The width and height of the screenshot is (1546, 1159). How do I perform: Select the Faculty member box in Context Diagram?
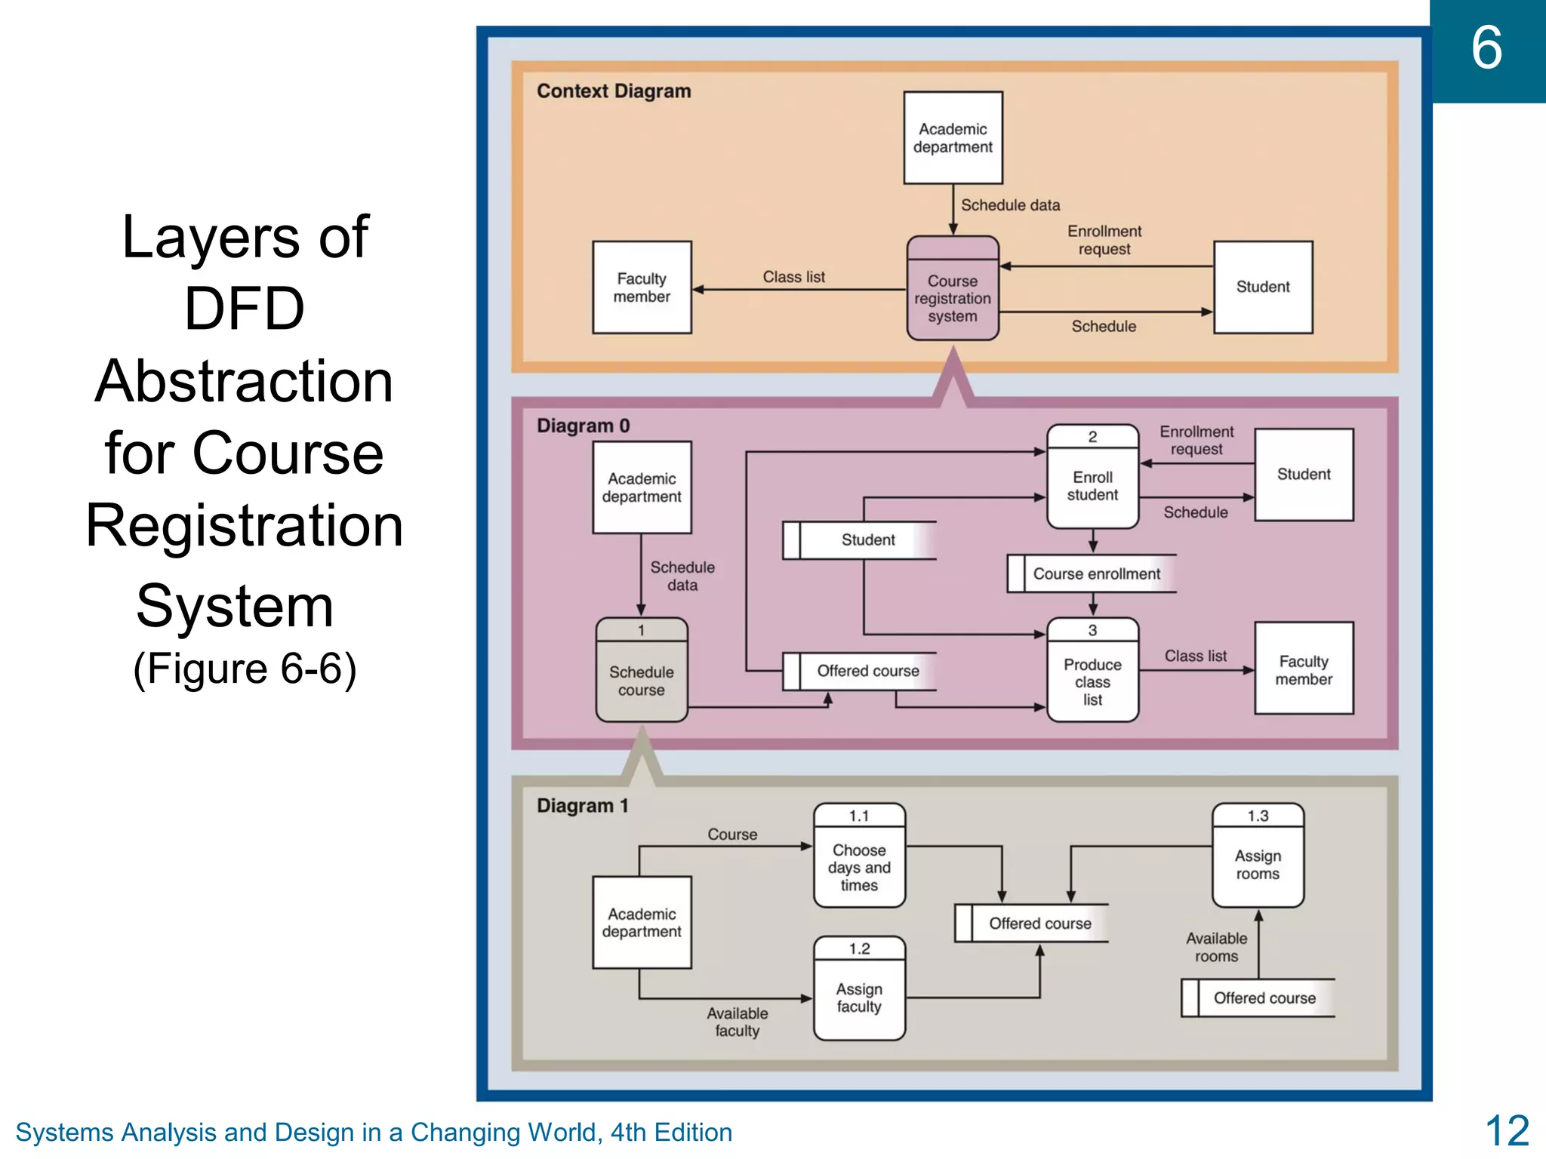pos(642,287)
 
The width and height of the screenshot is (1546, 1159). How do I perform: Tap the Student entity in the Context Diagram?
pos(1263,287)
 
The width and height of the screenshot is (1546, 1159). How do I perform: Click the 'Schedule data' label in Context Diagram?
pos(1010,205)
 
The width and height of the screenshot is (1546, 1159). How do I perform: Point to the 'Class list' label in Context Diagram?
pos(793,277)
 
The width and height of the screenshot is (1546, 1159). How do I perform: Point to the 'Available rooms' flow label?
pos(1216,947)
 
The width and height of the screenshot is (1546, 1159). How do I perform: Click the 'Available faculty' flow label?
pos(737,1022)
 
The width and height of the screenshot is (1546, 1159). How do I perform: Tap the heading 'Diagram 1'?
pos(582,806)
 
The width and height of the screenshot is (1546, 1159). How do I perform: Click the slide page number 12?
pos(1507,1130)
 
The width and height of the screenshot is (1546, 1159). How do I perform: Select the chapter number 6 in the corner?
pos(1486,48)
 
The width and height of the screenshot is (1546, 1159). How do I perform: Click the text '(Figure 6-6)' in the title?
pos(245,669)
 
